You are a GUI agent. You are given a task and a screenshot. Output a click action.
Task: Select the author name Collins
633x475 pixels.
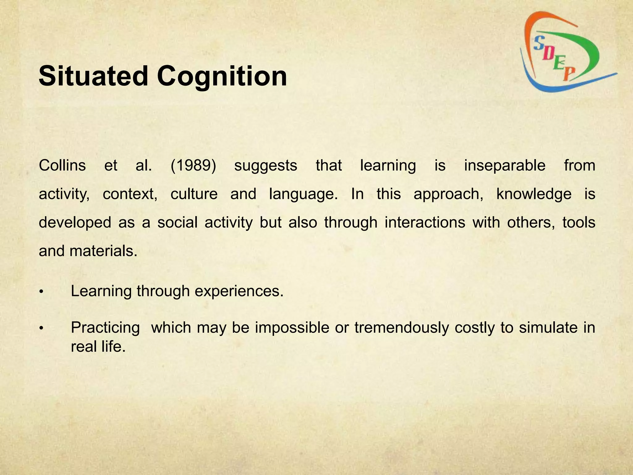click(x=62, y=165)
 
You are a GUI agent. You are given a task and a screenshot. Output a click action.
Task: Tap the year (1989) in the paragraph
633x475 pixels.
click(x=193, y=165)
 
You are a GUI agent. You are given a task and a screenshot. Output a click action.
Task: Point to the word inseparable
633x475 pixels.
click(x=505, y=165)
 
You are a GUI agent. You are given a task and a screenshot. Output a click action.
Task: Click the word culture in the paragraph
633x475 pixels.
click(x=194, y=194)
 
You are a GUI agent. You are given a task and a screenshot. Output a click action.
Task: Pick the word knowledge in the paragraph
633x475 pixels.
click(x=534, y=194)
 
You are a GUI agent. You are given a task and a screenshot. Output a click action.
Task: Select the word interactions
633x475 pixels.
click(x=425, y=223)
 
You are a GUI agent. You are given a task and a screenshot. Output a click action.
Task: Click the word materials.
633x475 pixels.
click(x=103, y=251)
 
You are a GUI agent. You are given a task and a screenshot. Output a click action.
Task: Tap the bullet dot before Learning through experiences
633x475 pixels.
click(x=41, y=292)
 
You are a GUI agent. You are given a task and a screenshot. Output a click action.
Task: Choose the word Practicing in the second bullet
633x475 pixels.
click(x=105, y=328)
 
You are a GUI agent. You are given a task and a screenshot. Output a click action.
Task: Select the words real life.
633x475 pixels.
click(x=98, y=346)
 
